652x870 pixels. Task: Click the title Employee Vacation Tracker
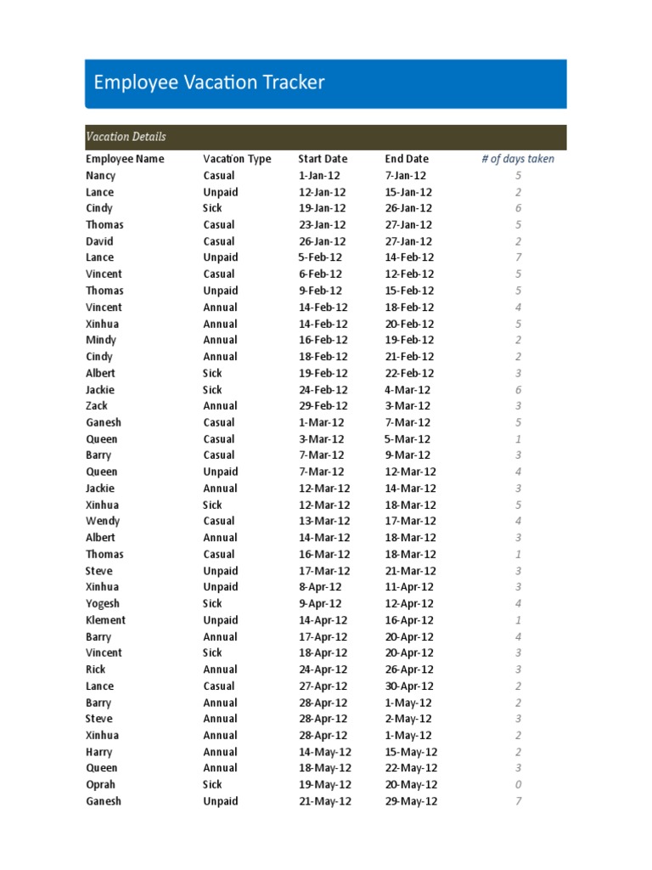tap(209, 82)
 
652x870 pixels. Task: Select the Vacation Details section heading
tap(126, 137)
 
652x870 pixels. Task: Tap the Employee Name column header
tap(125, 159)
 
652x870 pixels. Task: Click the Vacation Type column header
tap(237, 159)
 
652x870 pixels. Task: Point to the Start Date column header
tap(323, 159)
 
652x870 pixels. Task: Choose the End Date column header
tap(407, 159)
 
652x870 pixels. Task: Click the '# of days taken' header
tap(518, 159)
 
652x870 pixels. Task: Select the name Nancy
tap(100, 176)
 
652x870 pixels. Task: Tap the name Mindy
tap(100, 340)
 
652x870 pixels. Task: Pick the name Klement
tap(105, 620)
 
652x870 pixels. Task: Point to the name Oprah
tap(100, 785)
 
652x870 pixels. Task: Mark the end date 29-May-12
tap(411, 801)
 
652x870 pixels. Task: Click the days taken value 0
tap(518, 785)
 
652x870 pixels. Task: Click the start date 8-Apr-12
tap(320, 587)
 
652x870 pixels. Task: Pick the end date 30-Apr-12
tap(409, 686)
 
